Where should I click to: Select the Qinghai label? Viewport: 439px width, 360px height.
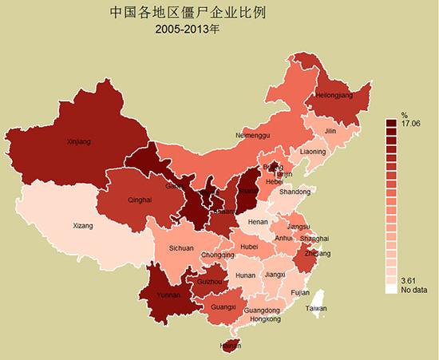tap(139, 200)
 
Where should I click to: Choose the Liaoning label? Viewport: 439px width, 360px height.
tap(313, 152)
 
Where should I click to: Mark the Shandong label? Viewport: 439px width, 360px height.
tap(295, 192)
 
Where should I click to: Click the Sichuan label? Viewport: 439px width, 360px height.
tap(181, 248)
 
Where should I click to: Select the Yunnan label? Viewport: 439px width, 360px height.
tap(168, 295)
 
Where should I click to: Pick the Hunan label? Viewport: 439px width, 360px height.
tap(245, 275)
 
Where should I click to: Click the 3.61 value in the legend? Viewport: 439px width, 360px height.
tap(409, 280)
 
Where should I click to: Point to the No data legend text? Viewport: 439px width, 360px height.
tap(413, 289)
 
